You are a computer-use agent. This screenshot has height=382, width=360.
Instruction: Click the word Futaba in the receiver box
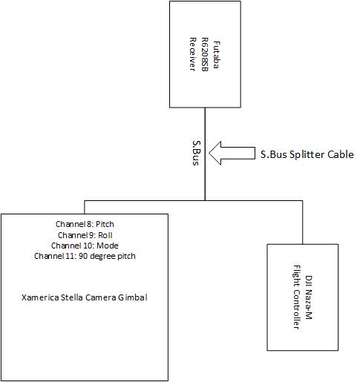click(216, 55)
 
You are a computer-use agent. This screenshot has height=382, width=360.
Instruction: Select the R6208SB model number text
click(205, 54)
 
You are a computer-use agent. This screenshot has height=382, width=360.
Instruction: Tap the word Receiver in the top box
click(193, 54)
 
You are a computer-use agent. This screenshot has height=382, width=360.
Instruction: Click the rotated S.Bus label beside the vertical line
click(196, 153)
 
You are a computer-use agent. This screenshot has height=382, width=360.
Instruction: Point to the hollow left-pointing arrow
click(232, 153)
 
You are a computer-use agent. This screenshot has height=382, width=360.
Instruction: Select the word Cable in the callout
click(341, 154)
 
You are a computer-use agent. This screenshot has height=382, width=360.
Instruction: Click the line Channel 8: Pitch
click(85, 224)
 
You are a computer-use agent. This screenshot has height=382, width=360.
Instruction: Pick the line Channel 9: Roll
click(85, 235)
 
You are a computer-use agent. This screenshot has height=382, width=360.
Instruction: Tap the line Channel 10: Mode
click(85, 246)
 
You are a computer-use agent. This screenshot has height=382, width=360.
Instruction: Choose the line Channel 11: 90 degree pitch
click(85, 256)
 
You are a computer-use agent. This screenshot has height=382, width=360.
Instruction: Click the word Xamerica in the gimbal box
click(40, 297)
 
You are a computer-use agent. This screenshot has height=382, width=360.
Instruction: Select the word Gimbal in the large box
click(132, 297)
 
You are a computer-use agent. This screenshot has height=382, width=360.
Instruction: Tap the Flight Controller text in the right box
click(297, 297)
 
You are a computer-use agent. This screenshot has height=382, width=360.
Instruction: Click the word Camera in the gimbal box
click(100, 297)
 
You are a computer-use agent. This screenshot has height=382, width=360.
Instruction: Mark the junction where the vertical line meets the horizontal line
click(205, 200)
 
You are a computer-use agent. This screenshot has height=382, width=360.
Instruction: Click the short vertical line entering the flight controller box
click(302, 223)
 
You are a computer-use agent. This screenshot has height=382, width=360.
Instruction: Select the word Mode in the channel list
click(108, 246)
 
